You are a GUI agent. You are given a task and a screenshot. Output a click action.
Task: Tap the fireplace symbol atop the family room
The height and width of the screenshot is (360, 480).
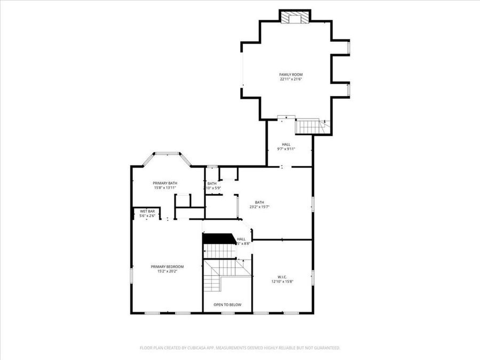coord(295,18)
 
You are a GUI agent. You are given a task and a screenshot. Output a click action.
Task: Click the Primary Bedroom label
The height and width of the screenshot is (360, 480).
coord(167,267)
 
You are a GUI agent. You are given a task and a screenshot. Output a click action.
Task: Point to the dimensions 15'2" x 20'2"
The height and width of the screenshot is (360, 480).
coord(167,271)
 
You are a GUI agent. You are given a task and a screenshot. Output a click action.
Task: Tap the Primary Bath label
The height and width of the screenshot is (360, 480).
coord(165,183)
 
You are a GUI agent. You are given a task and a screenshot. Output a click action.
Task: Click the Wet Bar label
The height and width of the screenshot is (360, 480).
coord(147,211)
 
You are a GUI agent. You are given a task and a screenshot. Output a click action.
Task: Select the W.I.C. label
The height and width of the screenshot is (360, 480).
coord(282,277)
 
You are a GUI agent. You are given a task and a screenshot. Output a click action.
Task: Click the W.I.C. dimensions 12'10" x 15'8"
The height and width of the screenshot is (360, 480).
coord(282,282)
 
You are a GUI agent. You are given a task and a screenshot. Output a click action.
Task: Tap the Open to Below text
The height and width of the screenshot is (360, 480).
coord(228,305)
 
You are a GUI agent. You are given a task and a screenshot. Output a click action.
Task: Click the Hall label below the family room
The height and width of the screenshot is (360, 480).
coord(286,144)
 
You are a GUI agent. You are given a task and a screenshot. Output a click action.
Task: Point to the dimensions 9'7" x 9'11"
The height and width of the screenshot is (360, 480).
coord(286,149)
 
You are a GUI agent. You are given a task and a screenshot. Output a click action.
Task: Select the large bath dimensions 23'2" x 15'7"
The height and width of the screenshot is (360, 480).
coord(259,207)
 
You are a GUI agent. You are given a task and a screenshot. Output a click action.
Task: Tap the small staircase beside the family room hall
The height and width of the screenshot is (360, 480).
coord(308,127)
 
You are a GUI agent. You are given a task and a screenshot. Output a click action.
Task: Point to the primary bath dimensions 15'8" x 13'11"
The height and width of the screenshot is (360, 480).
coord(165,188)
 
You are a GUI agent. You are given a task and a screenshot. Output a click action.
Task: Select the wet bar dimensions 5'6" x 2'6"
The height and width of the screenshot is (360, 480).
coord(147,216)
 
